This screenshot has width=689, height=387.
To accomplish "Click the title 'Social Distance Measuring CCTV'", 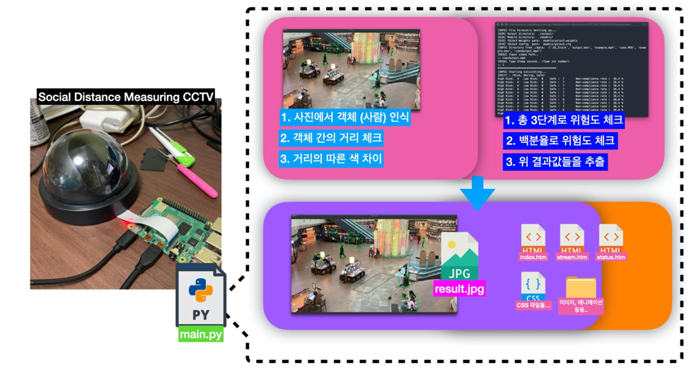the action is click(126, 97).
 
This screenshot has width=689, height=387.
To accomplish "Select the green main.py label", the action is click(201, 334).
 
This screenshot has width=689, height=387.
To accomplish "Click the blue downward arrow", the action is click(477, 192).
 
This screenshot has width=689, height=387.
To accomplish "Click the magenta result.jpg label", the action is click(460, 289).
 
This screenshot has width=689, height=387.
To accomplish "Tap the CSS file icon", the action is click(533, 287).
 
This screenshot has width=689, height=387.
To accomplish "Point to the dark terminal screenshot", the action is click(572, 69).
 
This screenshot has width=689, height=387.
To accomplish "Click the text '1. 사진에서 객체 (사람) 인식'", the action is click(344, 117).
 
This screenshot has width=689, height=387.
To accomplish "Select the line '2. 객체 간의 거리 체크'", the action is click(331, 138).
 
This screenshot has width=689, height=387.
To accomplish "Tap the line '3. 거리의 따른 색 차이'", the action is click(331, 158).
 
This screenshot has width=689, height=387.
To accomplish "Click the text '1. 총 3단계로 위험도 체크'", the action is click(564, 120).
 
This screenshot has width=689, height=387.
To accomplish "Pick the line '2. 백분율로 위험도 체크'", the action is click(560, 141).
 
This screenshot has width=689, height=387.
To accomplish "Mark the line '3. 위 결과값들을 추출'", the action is click(555, 161).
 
